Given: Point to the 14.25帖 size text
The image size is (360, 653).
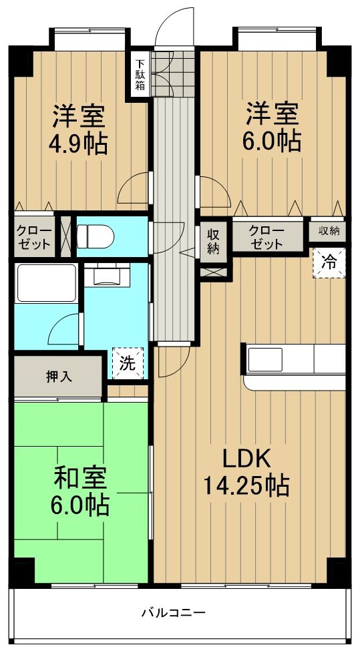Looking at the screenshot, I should [246, 485].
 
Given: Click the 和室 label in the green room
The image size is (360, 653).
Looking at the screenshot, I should [79, 479].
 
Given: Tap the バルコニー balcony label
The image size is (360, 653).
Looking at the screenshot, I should [173, 612].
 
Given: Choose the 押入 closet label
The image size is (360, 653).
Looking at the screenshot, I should [59, 375].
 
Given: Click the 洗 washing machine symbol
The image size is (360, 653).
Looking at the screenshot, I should [127, 364].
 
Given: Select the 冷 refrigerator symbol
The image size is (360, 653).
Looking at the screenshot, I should [329, 262].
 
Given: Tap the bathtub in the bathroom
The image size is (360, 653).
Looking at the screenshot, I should [46, 283].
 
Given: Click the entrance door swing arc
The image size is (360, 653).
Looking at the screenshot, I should [174, 27].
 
